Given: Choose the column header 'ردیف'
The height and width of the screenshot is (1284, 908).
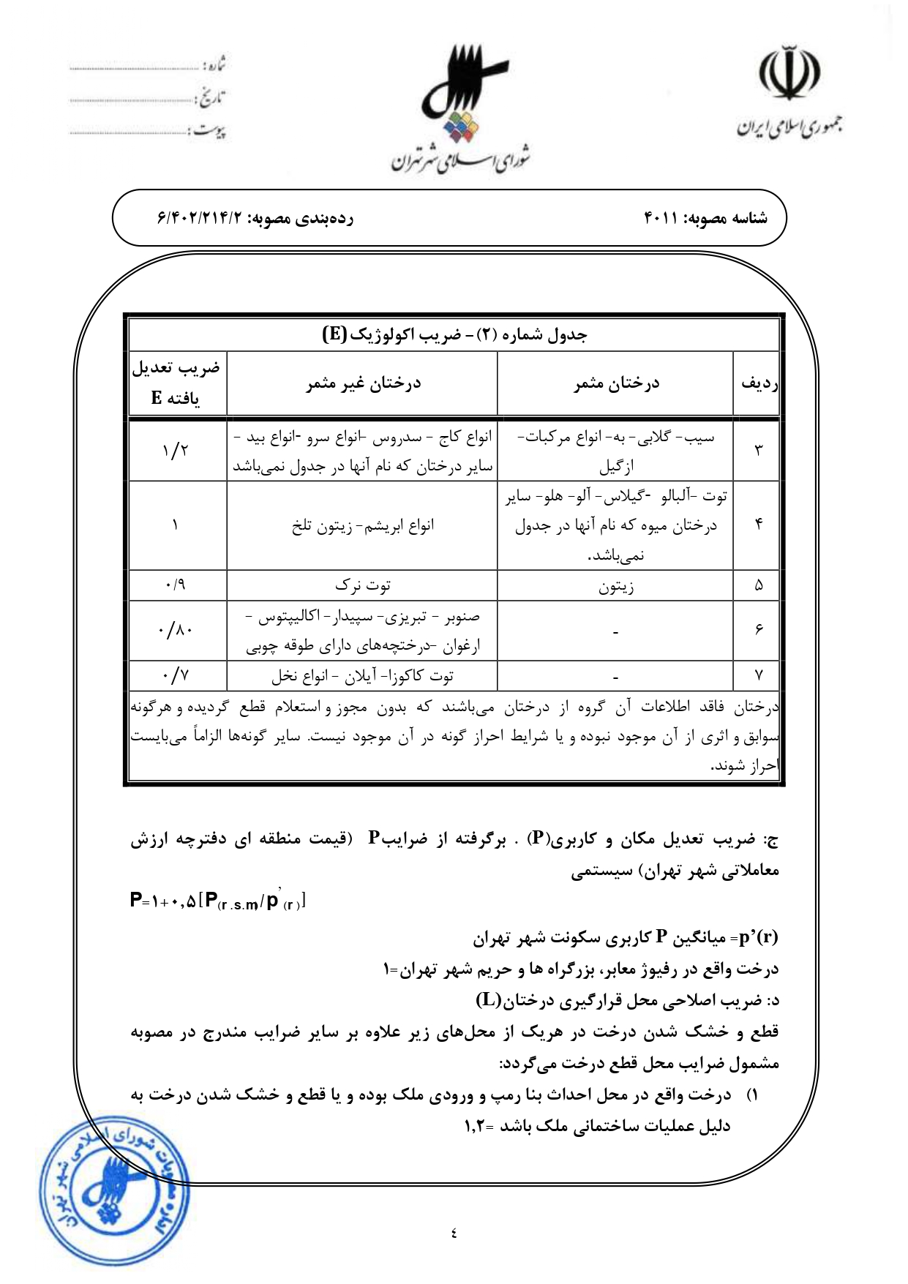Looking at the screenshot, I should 759,383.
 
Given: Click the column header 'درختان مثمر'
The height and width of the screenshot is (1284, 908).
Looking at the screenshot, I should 616,383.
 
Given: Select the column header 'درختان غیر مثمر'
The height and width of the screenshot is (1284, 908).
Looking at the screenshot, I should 363,383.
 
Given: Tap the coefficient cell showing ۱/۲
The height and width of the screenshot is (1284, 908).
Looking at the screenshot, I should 176,451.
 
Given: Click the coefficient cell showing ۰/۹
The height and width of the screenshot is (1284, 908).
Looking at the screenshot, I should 176,585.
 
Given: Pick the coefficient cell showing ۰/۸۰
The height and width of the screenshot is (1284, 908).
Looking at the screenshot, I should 176,630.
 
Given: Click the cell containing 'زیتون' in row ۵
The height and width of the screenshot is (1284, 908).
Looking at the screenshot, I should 616,586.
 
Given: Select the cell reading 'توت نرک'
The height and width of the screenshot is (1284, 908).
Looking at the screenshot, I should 363,585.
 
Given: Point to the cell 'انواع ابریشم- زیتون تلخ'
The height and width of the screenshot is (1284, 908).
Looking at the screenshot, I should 363,525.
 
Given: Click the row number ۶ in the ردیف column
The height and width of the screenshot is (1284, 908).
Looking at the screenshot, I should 759,630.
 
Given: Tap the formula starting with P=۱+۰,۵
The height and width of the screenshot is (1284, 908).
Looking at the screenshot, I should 217,901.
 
